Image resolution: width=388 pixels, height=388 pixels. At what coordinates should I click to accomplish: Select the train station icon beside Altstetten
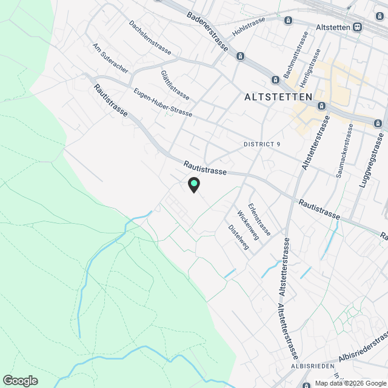tap(358, 28)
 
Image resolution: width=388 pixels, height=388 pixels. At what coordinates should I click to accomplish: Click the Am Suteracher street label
tap(110, 58)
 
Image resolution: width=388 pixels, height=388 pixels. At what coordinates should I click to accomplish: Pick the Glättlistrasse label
tap(175, 85)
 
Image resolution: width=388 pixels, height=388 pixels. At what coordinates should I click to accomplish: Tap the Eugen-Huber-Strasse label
tap(162, 102)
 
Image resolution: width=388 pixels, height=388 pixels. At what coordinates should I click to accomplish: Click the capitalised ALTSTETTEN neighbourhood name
tap(278, 96)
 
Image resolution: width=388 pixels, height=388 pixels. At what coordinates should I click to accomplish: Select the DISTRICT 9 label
tap(262, 144)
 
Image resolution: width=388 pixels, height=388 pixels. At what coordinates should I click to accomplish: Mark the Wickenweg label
tap(249, 225)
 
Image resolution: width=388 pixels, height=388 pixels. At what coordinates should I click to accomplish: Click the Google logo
tap(20, 380)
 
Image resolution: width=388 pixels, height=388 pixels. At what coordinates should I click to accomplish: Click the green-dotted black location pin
tap(193, 184)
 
